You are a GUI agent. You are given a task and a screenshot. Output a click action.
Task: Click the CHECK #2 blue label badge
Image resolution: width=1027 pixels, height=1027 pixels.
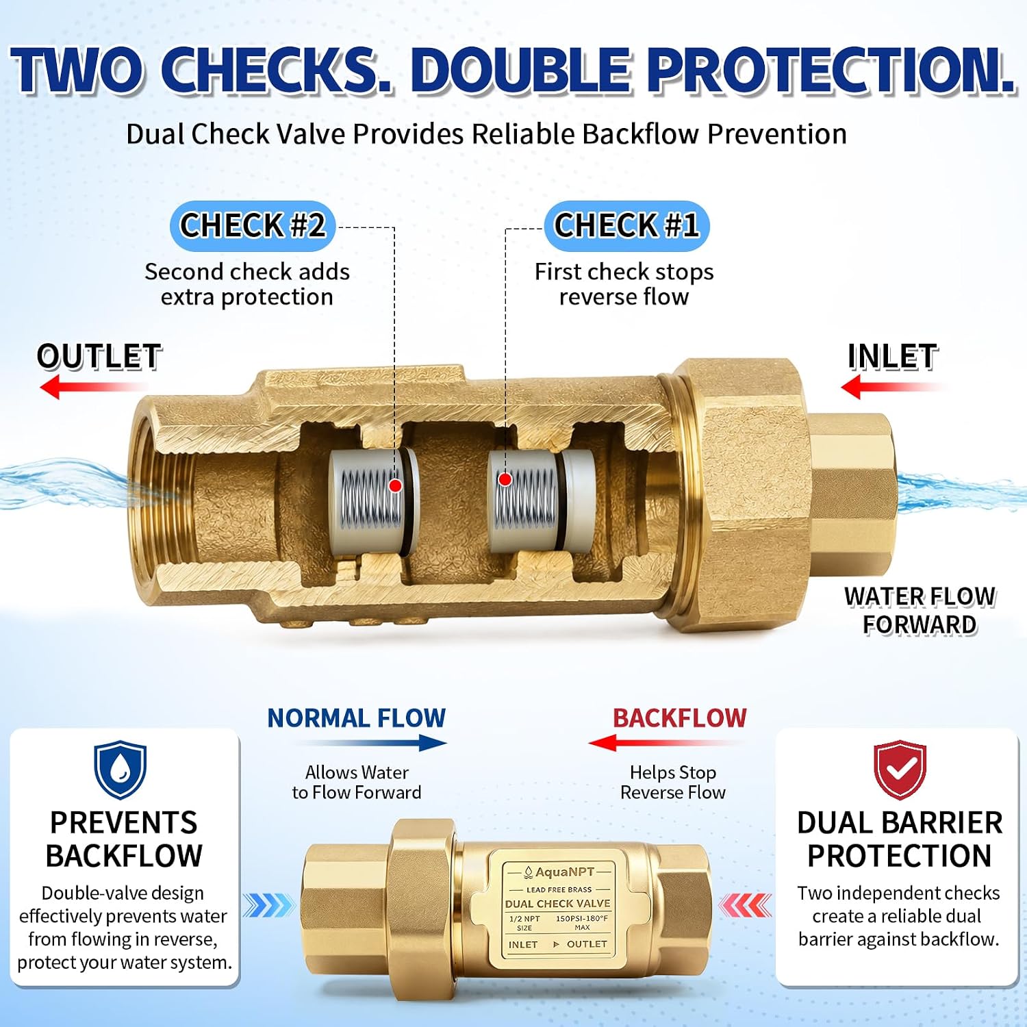253,226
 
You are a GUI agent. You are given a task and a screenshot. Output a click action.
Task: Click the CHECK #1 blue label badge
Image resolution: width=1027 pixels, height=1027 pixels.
626,226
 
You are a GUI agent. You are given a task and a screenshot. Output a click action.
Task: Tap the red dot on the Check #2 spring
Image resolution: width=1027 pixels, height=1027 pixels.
395,485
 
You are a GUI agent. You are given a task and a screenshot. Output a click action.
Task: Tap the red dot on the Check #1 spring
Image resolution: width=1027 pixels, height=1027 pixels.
505,479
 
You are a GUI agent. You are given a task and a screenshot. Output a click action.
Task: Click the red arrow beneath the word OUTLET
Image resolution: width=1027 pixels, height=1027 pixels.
92,387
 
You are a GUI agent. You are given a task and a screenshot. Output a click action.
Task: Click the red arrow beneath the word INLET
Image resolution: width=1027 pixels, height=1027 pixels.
893,387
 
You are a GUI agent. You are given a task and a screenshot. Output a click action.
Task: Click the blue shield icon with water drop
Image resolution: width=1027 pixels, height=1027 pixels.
121,769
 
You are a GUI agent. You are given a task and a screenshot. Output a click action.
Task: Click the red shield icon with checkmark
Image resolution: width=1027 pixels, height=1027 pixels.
900,769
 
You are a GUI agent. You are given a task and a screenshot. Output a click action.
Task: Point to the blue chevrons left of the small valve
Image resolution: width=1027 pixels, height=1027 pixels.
269,906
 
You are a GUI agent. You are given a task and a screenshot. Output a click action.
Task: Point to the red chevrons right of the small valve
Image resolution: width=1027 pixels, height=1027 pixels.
745,906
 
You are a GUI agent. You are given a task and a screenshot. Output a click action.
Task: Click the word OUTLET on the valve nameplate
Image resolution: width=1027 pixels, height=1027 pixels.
587,944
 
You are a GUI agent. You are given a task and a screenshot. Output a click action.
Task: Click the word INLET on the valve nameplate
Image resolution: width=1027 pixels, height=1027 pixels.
523,944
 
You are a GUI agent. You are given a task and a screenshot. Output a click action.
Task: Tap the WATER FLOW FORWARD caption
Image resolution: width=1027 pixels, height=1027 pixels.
920,611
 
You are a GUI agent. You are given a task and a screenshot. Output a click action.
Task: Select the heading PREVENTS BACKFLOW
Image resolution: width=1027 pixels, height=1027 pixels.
124,839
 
